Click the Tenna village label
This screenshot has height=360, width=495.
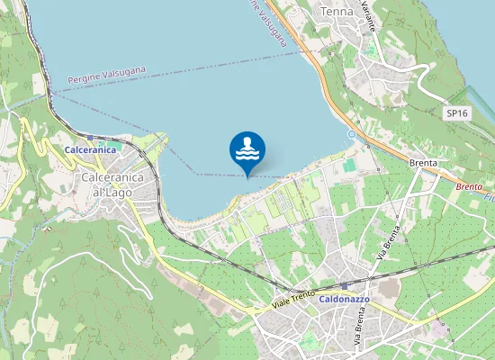point(337,11)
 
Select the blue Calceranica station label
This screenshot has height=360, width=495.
point(90,149)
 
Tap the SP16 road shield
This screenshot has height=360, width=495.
point(456,113)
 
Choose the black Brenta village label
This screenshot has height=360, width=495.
point(423,164)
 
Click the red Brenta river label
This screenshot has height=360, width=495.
point(469,186)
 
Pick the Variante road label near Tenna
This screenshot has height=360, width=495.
point(367,16)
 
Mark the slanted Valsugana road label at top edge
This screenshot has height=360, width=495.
point(271,23)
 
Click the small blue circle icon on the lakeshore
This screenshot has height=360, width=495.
point(352,135)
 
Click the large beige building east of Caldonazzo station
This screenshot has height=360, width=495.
point(390,288)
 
